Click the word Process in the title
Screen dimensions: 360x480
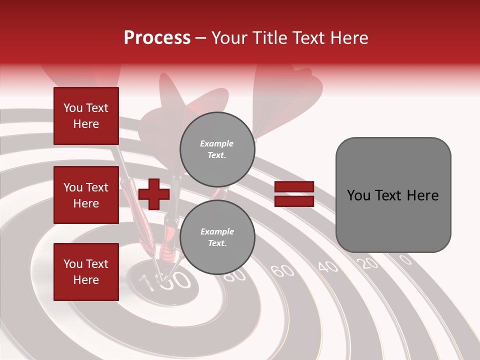tap(157, 38)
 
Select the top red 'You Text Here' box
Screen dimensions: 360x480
tap(86, 116)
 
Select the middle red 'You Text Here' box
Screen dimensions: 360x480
tap(86, 195)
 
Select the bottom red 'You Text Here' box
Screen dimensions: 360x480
tap(86, 271)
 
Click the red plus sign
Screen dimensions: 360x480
tap(153, 194)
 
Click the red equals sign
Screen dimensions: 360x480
tap(294, 194)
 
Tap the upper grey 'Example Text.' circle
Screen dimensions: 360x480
tap(217, 149)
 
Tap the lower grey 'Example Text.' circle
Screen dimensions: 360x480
tap(217, 237)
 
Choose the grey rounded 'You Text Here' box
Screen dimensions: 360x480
tap(393, 195)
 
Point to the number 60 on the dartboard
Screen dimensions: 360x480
tap(283, 270)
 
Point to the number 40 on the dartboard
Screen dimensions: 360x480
tap(328, 266)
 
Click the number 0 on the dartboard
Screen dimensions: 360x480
tap(405, 259)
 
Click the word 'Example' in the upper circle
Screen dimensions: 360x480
tap(217, 143)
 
